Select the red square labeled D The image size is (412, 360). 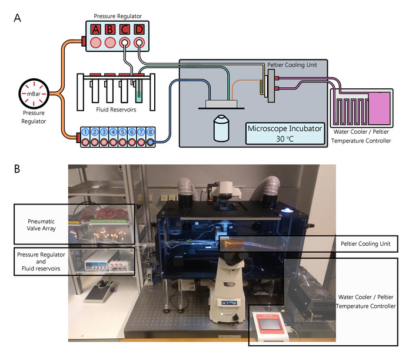139,29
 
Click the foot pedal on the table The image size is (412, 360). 108,290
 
